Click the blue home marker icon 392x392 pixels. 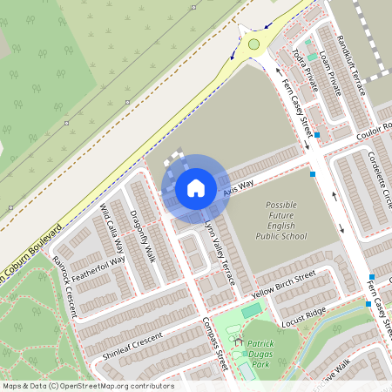pyautogui.click(x=195, y=187)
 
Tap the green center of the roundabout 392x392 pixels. pyautogui.click(x=253, y=44)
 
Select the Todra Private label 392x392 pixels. pyautogui.click(x=306, y=66)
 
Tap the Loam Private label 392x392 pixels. pyautogui.click(x=329, y=69)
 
